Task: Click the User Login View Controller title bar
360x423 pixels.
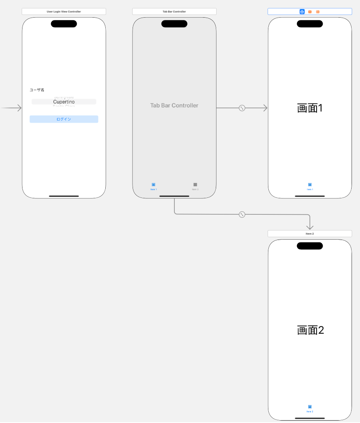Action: click(63, 12)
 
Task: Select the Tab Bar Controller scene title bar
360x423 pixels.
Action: click(174, 12)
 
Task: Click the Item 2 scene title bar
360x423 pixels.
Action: click(309, 234)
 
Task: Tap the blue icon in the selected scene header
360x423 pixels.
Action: click(302, 12)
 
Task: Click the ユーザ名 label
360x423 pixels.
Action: click(37, 90)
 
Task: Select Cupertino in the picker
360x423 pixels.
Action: click(64, 102)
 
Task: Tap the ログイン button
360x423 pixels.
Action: click(64, 119)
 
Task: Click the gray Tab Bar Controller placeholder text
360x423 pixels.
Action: click(174, 106)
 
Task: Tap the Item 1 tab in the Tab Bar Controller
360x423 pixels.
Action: click(153, 186)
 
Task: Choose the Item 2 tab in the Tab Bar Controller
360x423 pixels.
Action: click(195, 186)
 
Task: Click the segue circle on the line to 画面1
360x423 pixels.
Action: click(242, 108)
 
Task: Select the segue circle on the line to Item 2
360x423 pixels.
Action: click(242, 214)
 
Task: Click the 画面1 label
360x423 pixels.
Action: click(310, 108)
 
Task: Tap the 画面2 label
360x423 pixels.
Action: click(310, 330)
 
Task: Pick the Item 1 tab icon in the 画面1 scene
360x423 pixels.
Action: click(310, 185)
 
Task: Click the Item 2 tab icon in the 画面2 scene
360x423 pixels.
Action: click(310, 407)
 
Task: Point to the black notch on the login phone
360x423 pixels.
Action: click(64, 24)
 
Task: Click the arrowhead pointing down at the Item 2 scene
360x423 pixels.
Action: click(310, 227)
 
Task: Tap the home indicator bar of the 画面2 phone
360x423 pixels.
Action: click(310, 418)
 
